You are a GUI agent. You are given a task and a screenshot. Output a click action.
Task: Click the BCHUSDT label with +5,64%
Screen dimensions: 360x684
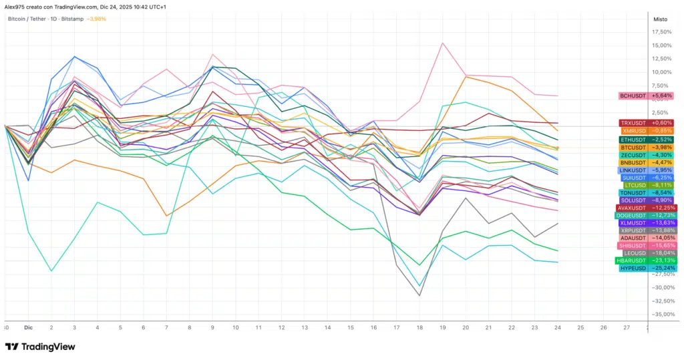(646, 96)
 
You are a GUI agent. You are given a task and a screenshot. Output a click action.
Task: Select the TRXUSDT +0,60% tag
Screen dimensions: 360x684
(646, 123)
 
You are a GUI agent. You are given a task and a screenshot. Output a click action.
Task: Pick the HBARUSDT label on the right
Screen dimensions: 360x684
(646, 260)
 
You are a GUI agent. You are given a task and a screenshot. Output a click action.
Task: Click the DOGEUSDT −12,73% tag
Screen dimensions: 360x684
(646, 215)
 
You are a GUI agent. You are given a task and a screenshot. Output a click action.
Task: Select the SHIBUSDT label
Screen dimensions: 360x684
(646, 245)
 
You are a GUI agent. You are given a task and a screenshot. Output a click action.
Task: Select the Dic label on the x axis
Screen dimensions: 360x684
(28, 328)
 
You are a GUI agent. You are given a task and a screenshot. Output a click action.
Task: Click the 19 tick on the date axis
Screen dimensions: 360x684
(443, 328)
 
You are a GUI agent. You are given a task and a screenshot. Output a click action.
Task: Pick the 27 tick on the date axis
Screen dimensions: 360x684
(627, 328)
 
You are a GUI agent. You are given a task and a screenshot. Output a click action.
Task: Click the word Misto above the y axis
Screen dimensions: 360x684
(660, 19)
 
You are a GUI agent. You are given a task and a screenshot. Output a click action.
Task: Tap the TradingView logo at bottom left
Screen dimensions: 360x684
(40, 347)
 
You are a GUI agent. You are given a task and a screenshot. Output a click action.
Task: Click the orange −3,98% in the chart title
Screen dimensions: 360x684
(96, 19)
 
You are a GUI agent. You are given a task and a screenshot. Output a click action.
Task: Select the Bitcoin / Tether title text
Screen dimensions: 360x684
(27, 19)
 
